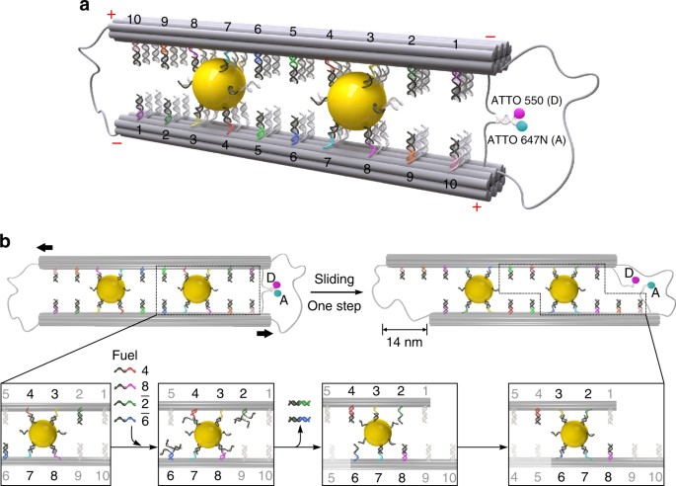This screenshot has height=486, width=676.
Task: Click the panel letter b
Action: [6, 242]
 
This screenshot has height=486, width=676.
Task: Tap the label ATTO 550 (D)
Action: [526, 101]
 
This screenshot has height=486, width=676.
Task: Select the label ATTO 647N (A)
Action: [526, 140]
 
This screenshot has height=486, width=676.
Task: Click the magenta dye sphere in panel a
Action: [519, 114]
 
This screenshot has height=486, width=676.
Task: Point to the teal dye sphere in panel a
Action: [522, 125]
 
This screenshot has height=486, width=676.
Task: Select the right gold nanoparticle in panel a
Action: [356, 103]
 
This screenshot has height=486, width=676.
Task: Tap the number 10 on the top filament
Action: [134, 19]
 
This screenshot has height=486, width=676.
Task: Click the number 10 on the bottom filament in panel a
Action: [450, 184]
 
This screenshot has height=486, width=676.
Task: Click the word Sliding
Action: [335, 280]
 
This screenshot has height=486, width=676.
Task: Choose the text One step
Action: [335, 306]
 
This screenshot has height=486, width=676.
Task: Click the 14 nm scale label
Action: [405, 342]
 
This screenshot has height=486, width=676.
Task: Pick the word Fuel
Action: [124, 356]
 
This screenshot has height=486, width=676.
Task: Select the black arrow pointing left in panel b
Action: [44, 247]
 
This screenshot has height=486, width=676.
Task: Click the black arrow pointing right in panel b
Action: [264, 333]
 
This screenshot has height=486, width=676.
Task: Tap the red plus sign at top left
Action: [112, 15]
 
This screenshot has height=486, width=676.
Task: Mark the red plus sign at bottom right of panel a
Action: [477, 207]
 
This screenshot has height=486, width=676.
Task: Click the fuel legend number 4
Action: [145, 370]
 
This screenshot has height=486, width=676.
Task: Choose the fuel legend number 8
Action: [145, 387]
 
